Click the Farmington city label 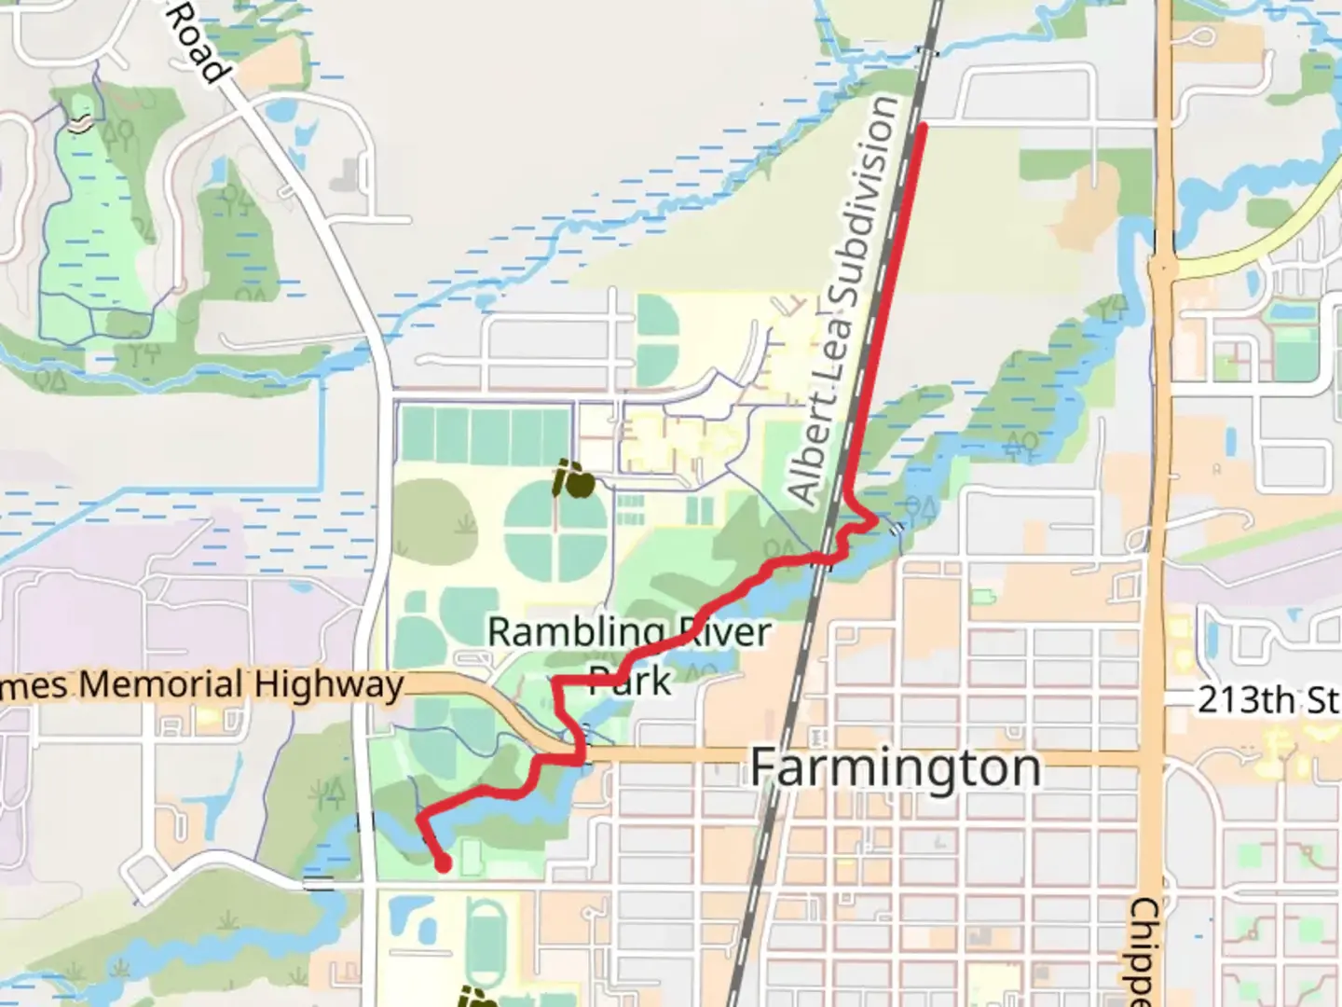[x=895, y=768]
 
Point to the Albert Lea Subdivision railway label [x=842, y=300]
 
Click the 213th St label [x=1268, y=699]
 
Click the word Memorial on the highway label [x=164, y=685]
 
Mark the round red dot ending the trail [x=444, y=864]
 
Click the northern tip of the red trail [x=923, y=125]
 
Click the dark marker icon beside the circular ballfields [x=574, y=481]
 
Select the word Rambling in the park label [x=575, y=633]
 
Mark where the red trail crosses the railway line [x=820, y=559]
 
